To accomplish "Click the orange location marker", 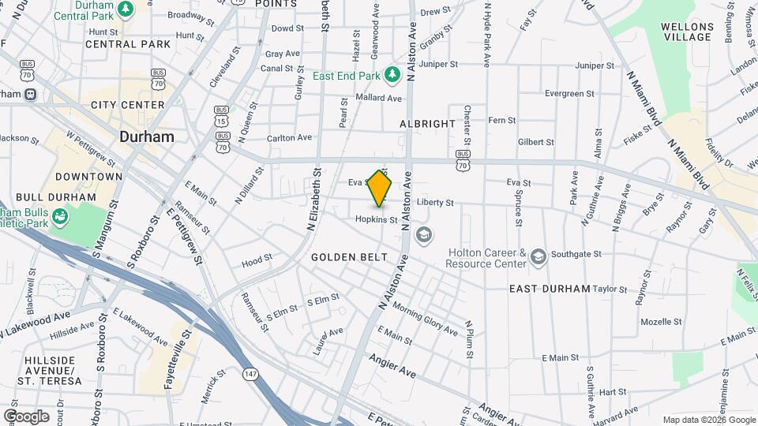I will (380, 189).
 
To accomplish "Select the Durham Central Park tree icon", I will (126, 8).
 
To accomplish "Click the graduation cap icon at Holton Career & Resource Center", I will (538, 256).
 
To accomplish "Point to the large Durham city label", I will (147, 136).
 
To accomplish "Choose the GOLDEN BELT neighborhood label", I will (349, 257).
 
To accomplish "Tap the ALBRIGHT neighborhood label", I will (427, 124).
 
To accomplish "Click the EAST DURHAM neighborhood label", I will (550, 289).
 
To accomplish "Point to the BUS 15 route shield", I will (222, 116).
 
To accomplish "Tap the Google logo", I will (25, 416).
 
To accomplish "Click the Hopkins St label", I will (375, 219).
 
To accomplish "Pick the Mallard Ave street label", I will (379, 98).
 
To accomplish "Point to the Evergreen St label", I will (568, 93).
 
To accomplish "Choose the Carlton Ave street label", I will (289, 137).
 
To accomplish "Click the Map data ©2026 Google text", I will (709, 420).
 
